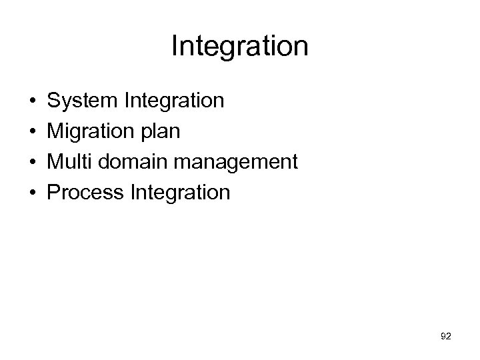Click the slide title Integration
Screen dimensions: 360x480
239,47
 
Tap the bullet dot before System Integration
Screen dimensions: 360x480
32,101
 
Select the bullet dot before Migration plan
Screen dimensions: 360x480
32,132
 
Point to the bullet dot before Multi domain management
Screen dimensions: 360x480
32,163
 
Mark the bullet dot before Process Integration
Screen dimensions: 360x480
32,193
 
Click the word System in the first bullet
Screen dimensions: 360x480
83,101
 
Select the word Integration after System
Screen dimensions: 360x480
174,101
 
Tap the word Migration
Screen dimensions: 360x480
92,132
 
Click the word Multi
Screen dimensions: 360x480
69,163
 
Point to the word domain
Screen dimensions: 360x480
126,163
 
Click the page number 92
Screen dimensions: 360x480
445,337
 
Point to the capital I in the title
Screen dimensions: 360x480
175,47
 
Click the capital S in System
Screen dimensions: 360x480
55,101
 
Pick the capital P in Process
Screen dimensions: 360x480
55,193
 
